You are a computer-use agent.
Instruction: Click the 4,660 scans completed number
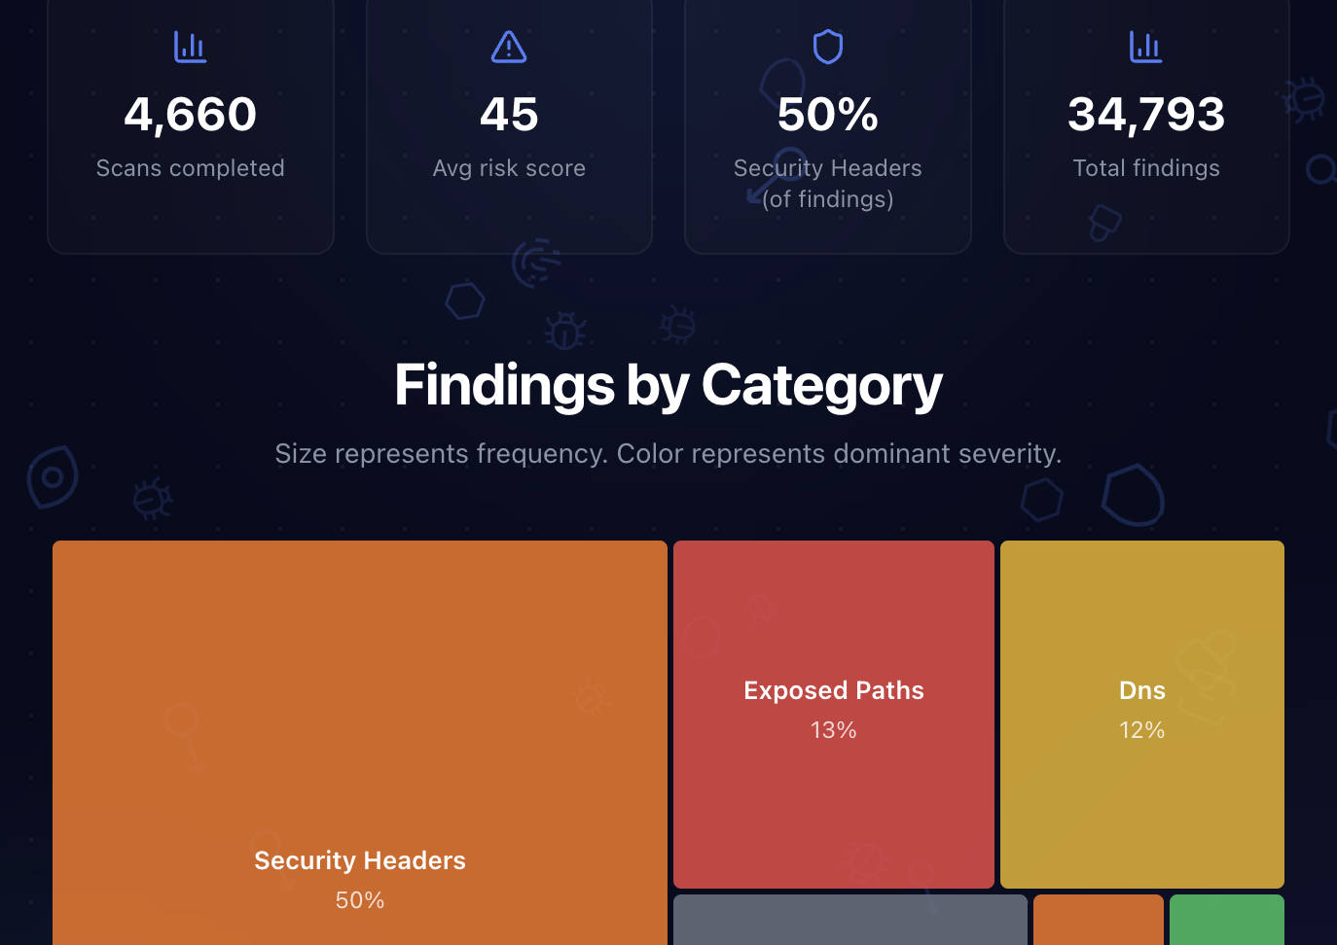pyautogui.click(x=190, y=115)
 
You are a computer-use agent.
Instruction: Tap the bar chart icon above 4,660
pyautogui.click(x=190, y=47)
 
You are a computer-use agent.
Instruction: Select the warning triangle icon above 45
pyautogui.click(x=509, y=47)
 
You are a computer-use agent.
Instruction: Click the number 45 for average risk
pyautogui.click(x=509, y=115)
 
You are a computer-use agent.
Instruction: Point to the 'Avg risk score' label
pyautogui.click(x=509, y=168)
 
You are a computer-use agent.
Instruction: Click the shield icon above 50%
pyautogui.click(x=827, y=47)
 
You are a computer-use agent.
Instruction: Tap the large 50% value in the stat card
pyautogui.click(x=827, y=115)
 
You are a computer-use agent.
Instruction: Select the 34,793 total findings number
pyautogui.click(x=1146, y=115)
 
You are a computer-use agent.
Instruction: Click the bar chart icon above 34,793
pyautogui.click(x=1145, y=47)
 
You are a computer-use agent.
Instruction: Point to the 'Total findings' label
pyautogui.click(x=1146, y=168)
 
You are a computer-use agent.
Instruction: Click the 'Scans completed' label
pyautogui.click(x=190, y=168)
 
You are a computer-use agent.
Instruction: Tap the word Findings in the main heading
pyautogui.click(x=504, y=386)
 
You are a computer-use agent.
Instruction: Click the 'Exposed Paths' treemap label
pyautogui.click(x=834, y=690)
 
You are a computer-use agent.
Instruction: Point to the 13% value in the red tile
pyautogui.click(x=834, y=730)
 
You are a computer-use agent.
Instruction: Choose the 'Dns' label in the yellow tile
pyautogui.click(x=1142, y=690)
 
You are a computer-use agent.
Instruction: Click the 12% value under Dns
pyautogui.click(x=1142, y=730)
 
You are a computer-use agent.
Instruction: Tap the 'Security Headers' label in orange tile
pyautogui.click(x=360, y=860)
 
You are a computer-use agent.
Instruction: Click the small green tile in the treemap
pyautogui.click(x=1226, y=921)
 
